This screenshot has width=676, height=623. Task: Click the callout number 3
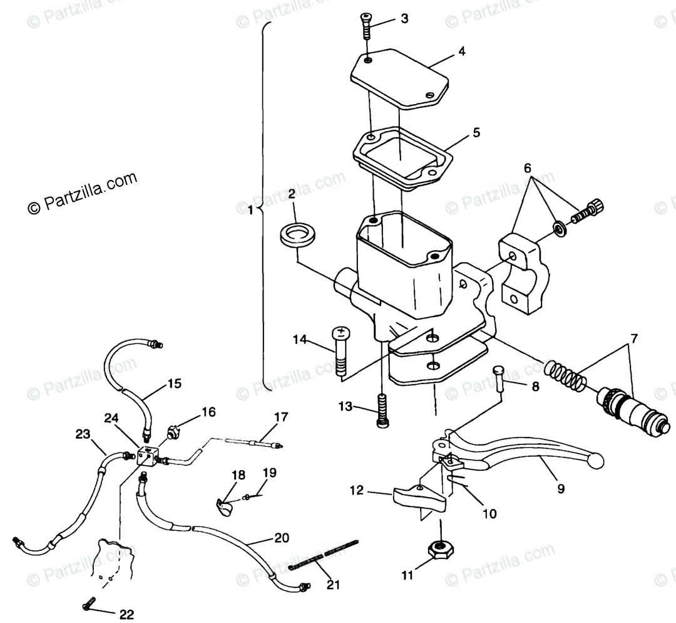(404, 19)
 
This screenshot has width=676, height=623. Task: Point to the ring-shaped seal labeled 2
(297, 234)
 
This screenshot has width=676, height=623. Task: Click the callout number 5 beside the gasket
(476, 133)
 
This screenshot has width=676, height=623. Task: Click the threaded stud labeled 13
(381, 410)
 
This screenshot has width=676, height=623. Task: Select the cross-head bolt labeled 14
(341, 351)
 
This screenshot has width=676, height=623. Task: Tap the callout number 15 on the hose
(174, 384)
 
